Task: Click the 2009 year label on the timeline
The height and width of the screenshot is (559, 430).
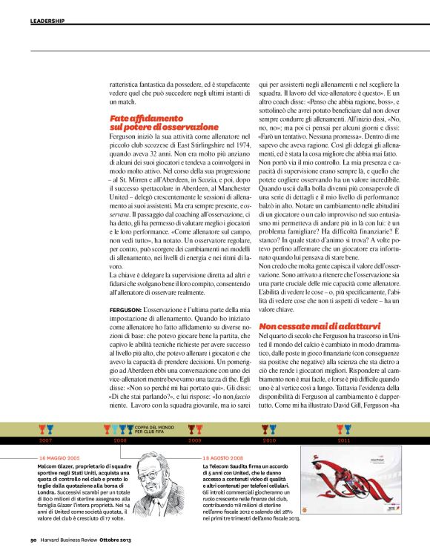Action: [x=195, y=440]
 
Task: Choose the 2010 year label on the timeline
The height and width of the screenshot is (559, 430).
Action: [x=269, y=440]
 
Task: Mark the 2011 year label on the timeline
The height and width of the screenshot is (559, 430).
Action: [x=344, y=440]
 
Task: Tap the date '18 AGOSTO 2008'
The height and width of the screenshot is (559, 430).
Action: [x=222, y=458]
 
